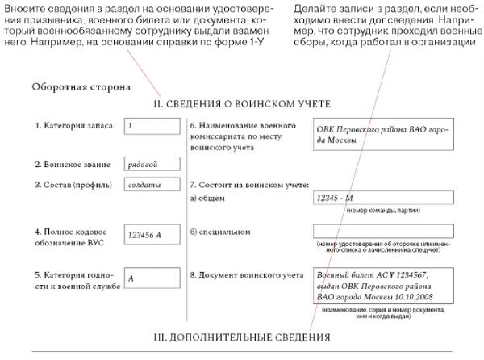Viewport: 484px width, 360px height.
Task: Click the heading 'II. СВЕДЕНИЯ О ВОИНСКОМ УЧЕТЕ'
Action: point(242,104)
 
